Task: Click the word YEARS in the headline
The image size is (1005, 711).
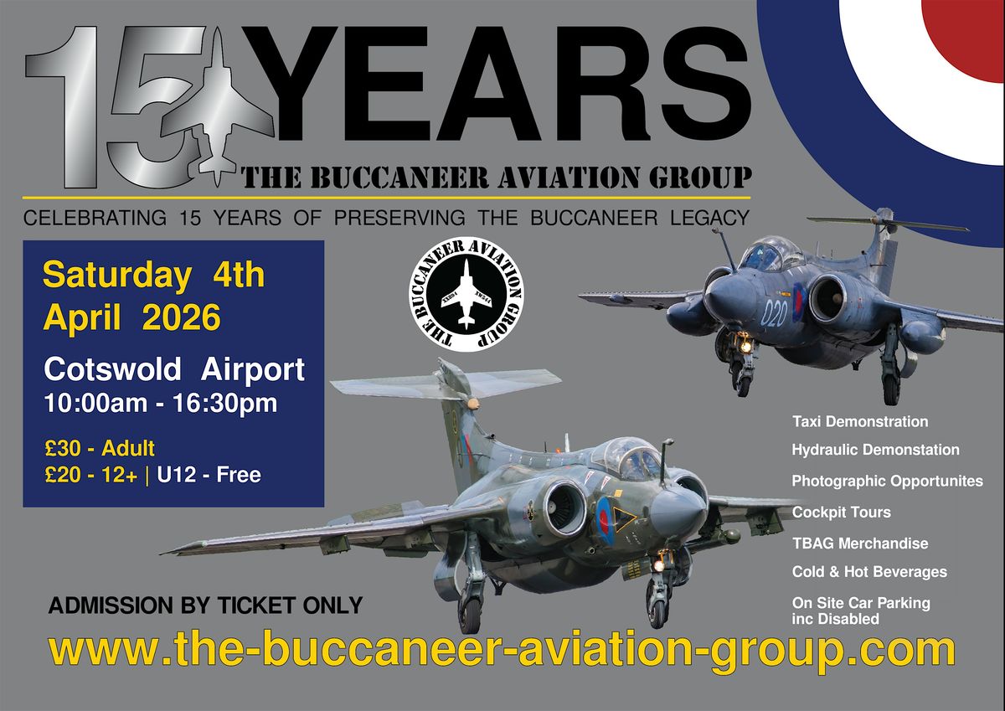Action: click(496, 84)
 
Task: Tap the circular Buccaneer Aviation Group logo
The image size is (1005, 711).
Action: click(466, 294)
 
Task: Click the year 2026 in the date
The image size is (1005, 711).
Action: click(181, 317)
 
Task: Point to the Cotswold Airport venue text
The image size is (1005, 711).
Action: click(174, 370)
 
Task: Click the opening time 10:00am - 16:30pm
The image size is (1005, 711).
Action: click(161, 404)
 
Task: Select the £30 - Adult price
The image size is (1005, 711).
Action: click(100, 449)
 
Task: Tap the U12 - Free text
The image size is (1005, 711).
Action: click(209, 475)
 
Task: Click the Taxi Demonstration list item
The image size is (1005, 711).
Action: click(860, 422)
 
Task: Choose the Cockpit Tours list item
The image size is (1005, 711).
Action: click(841, 513)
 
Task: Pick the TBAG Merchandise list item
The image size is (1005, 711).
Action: click(860, 544)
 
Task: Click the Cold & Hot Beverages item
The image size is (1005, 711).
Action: click(869, 572)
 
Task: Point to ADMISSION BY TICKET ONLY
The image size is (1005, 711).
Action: click(205, 605)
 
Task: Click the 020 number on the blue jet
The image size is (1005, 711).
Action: click(775, 312)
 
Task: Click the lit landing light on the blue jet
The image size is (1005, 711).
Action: click(745, 347)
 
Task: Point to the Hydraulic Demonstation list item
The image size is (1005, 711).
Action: click(875, 450)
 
